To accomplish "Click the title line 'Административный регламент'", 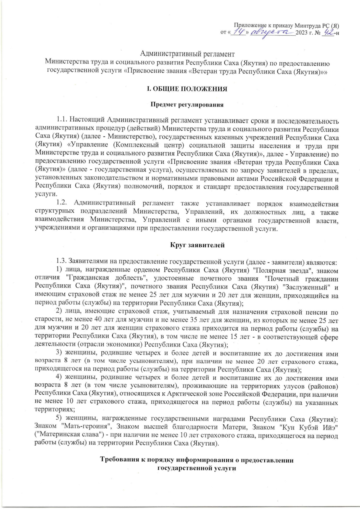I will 188,54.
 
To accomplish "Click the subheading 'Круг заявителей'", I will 197,245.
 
